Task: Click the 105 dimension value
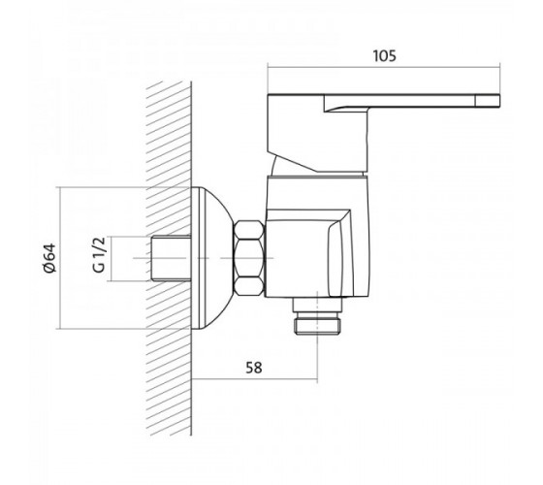pos(384,56)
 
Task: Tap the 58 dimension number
pos(254,368)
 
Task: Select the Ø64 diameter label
pos(49,258)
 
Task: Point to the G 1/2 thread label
pos(99,255)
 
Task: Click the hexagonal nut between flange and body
pos(249,258)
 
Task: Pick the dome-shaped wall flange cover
pos(211,258)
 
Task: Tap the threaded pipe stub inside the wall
pos(171,258)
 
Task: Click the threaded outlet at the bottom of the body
pos(317,316)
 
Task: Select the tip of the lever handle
pos(500,100)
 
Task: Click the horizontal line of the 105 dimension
pos(384,68)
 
